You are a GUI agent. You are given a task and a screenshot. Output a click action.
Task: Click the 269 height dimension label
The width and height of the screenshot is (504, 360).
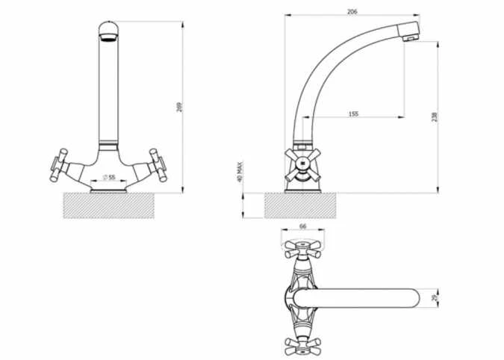[x=178, y=107]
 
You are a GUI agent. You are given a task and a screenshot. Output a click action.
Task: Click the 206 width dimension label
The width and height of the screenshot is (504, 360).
[x=351, y=11]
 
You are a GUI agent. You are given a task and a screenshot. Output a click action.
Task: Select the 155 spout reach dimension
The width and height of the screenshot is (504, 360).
[x=353, y=114]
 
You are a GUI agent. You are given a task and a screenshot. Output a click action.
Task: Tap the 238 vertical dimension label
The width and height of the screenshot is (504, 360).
[x=434, y=117]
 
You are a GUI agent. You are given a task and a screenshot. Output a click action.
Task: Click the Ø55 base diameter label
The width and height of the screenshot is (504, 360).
[x=108, y=178]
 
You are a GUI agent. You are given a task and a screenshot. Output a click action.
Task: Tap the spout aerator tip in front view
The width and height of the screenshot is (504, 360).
[x=108, y=33]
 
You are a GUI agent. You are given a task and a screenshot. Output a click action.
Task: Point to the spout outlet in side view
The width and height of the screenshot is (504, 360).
[x=409, y=33]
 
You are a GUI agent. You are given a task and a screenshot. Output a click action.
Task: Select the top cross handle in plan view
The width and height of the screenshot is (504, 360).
[x=302, y=249]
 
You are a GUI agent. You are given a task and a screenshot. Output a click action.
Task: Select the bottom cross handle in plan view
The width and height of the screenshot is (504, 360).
[x=302, y=345]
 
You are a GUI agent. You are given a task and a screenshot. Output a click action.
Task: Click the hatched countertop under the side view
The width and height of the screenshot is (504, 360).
[x=299, y=205]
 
